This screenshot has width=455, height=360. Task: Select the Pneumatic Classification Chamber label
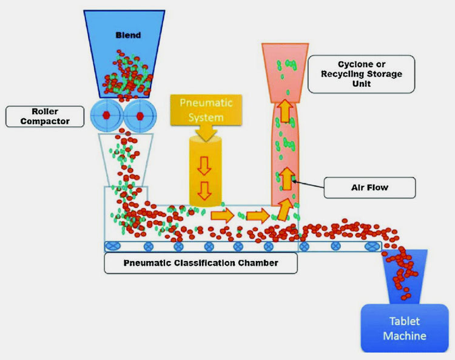tap(200, 263)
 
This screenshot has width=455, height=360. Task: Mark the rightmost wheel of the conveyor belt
tap(370, 246)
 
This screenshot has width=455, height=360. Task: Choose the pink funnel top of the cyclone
tap(284, 67)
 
